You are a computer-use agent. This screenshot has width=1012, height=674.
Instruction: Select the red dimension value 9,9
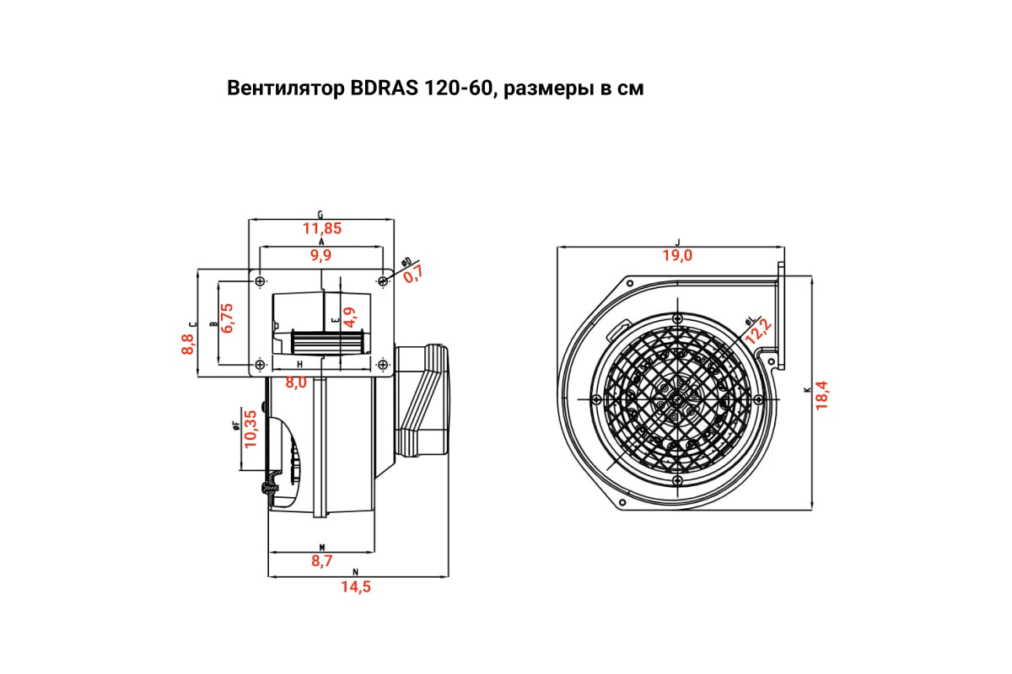[321, 254]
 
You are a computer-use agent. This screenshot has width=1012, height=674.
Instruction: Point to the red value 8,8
[187, 344]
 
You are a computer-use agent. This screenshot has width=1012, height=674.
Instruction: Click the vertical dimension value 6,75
[227, 318]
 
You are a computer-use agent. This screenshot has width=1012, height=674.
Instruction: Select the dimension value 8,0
[296, 382]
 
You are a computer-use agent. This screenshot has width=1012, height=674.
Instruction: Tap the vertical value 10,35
[250, 428]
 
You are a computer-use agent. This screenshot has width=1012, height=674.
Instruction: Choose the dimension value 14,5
[356, 587]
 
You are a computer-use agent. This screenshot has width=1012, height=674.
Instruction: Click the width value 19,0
[676, 255]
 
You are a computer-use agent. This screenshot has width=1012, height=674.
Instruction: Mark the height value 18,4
[822, 394]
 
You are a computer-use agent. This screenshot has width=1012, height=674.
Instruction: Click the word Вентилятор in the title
[283, 88]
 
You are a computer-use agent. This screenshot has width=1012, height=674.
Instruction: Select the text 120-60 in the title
[456, 88]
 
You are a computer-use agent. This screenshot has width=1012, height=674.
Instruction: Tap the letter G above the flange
[320, 214]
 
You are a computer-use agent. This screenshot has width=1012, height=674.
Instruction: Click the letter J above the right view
[677, 242]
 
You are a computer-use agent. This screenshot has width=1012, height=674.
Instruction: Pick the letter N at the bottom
[356, 572]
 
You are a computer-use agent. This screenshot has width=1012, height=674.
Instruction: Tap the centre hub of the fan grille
[676, 399]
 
